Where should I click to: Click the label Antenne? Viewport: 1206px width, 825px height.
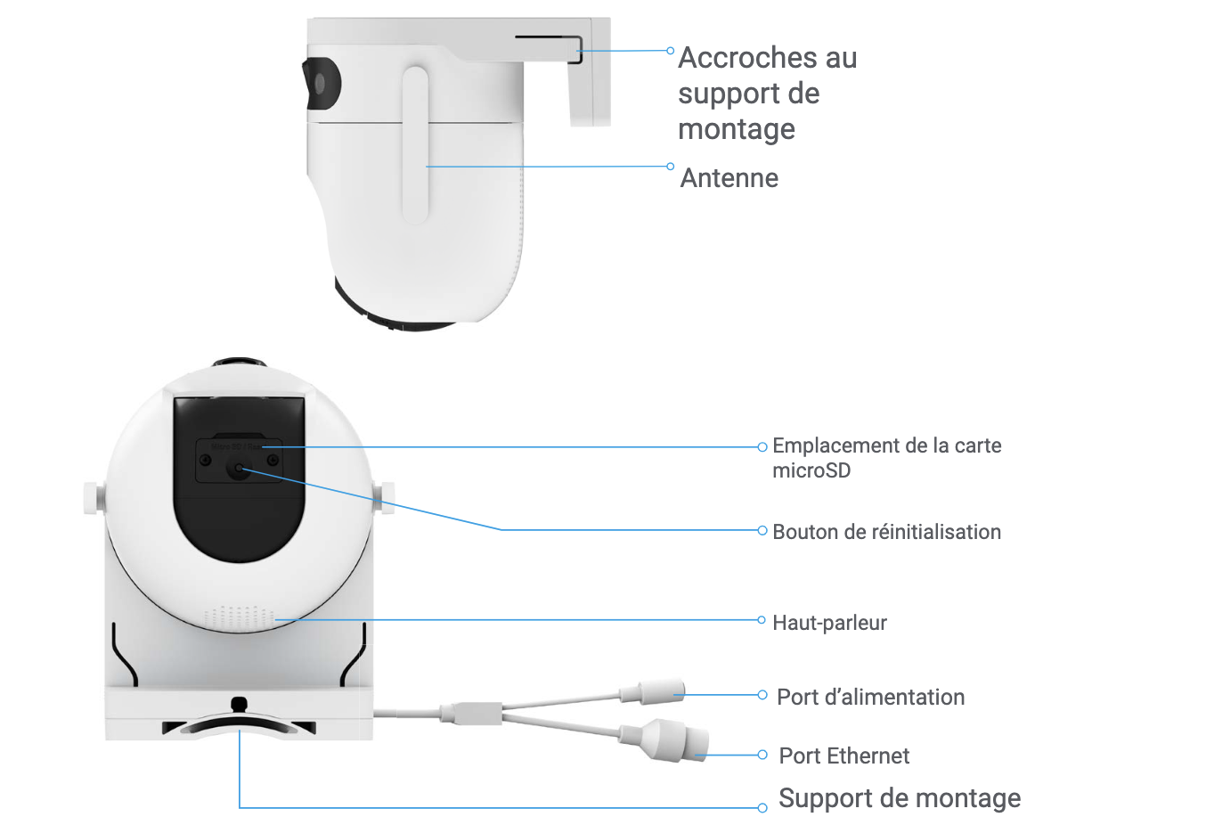click(729, 178)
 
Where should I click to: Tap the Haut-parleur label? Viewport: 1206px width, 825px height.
click(829, 623)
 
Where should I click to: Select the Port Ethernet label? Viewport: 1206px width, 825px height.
click(843, 756)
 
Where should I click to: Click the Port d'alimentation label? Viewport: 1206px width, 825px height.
click(870, 698)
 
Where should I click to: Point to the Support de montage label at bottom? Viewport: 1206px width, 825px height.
click(899, 798)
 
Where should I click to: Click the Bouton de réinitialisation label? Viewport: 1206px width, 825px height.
click(887, 532)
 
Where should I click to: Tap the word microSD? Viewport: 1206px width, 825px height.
click(811, 470)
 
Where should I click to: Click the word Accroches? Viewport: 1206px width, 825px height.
click(746, 58)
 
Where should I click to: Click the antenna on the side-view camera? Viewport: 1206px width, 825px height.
click(415, 145)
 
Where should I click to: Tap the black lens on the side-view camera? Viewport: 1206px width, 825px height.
click(321, 84)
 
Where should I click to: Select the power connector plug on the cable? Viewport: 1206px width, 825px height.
click(652, 692)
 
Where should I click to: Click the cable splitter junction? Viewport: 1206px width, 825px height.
click(471, 714)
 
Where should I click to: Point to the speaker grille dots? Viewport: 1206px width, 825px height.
click(240, 617)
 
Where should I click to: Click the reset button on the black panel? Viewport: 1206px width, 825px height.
click(238, 468)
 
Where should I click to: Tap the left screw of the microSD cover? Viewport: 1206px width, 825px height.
click(205, 461)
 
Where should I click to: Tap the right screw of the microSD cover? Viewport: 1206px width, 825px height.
click(273, 461)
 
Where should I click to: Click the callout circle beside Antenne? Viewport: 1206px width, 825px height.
click(671, 167)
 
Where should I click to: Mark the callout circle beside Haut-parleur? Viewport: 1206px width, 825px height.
click(762, 620)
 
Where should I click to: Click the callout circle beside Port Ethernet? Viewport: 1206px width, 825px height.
click(762, 755)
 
